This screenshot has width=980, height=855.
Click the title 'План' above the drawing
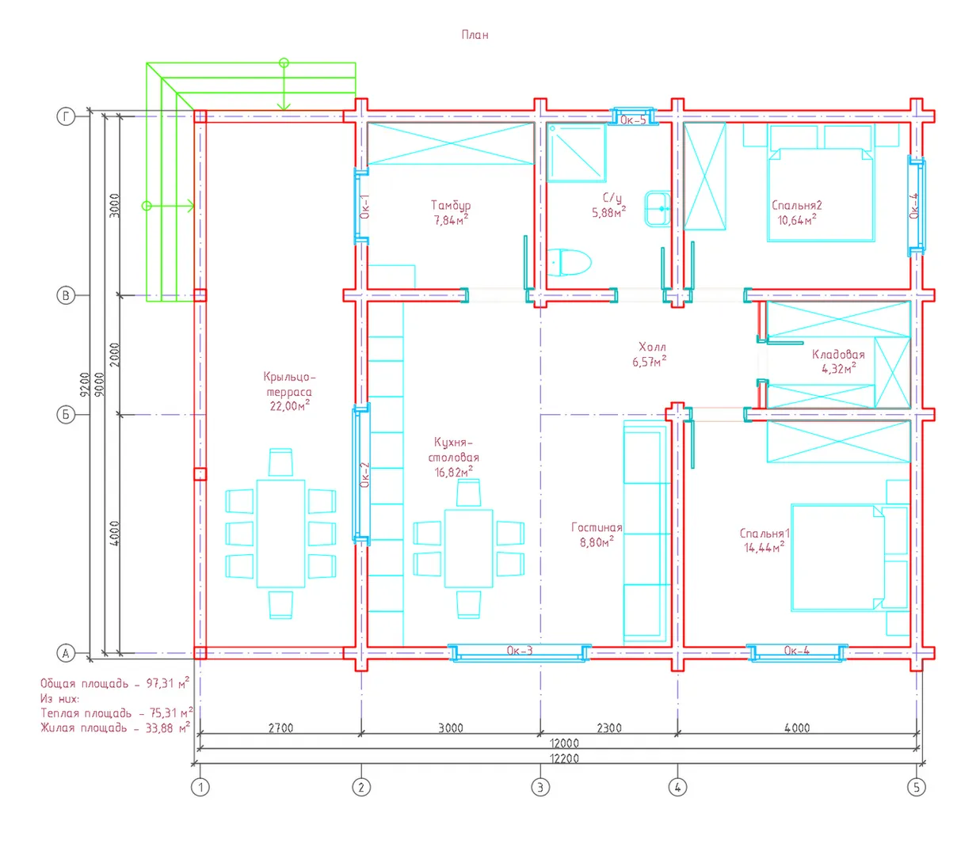tap(475, 35)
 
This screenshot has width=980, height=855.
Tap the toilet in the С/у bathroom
tap(569, 262)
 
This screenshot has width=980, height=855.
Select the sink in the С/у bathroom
tap(658, 209)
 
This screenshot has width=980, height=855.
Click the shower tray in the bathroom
tap(577, 152)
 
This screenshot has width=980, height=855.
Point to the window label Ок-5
tap(633, 120)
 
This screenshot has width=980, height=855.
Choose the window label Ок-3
tap(520, 650)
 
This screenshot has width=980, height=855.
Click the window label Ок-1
tap(365, 206)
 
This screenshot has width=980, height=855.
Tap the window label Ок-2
tap(365, 474)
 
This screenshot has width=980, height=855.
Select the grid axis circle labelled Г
tap(66, 116)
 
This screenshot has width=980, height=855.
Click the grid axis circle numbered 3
tap(540, 787)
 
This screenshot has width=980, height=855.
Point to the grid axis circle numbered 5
tap(917, 787)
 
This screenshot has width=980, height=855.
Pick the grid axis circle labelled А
tap(66, 653)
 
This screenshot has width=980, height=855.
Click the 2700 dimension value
tap(280, 728)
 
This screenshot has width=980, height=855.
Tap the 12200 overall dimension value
tap(564, 758)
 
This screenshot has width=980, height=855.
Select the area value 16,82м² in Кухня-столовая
tap(454, 472)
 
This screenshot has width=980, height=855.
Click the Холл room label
tap(652, 347)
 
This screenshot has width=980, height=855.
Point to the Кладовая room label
tap(838, 355)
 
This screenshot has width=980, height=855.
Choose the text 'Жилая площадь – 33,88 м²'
tap(116, 728)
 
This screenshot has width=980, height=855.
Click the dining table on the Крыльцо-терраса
tap(280, 534)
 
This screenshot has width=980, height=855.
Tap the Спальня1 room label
tap(765, 533)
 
